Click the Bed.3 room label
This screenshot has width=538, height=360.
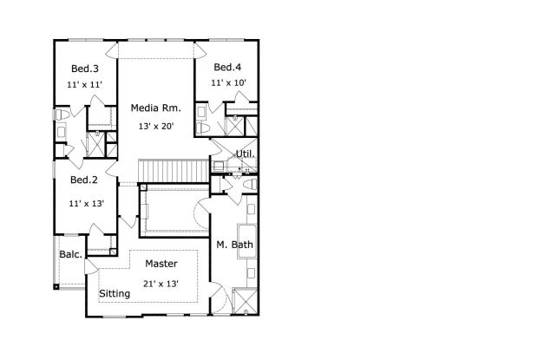(83, 69)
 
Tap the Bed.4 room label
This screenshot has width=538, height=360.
(227, 68)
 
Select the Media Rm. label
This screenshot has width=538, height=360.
(155, 108)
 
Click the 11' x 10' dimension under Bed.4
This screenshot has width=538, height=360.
(228, 83)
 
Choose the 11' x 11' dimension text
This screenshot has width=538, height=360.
(83, 85)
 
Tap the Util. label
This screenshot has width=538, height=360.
(246, 154)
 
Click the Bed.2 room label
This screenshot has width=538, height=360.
(83, 180)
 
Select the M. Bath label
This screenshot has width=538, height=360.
(234, 245)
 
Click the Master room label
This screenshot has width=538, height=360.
(161, 263)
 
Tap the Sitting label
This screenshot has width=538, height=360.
(115, 294)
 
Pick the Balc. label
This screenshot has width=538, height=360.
(70, 255)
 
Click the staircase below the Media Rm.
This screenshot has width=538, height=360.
(174, 171)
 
